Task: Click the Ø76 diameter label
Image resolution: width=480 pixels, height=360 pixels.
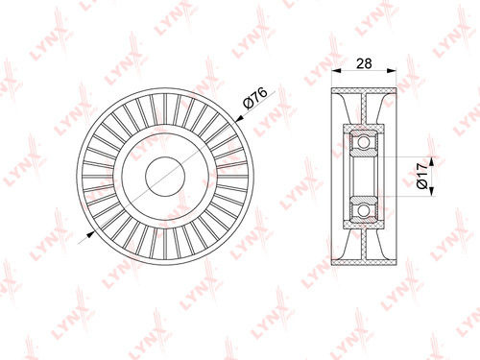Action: (255, 98)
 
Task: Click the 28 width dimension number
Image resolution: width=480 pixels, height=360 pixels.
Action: (364, 63)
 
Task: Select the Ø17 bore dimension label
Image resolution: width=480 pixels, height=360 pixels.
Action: (422, 176)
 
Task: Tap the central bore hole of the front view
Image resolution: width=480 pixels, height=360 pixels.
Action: (165, 177)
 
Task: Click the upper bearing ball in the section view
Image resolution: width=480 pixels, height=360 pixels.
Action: (363, 142)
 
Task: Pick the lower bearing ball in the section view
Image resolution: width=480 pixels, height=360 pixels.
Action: (363, 210)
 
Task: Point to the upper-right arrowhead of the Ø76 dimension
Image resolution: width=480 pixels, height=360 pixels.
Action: (239, 119)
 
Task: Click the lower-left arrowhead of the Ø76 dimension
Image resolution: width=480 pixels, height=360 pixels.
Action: (91, 234)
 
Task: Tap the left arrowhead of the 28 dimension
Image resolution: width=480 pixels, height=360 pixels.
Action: (336, 71)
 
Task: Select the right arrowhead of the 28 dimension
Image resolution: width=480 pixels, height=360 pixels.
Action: (392, 71)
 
